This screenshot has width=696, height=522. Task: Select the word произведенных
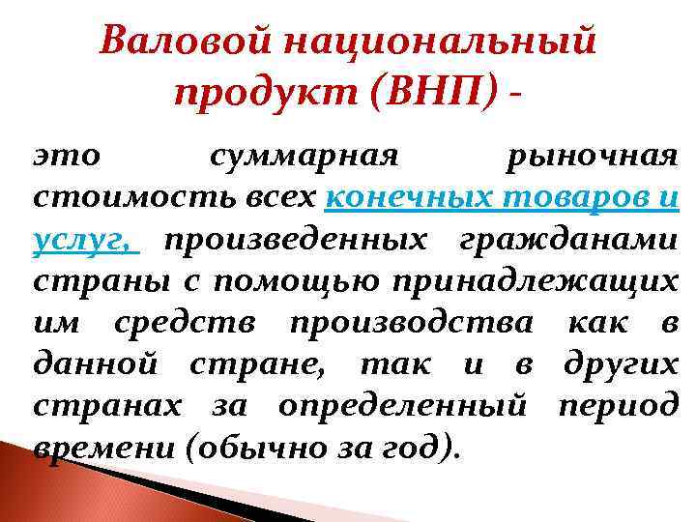click(293, 239)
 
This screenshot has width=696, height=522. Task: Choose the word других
click(622, 363)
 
